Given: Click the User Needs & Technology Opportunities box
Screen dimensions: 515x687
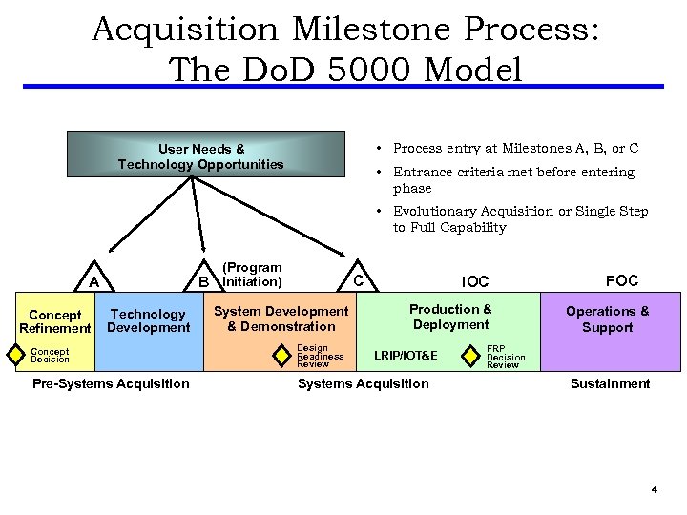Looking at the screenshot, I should [201, 155].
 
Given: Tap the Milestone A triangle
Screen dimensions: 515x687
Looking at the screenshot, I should [94, 280].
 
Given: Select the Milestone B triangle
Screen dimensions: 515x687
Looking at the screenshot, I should [203, 280].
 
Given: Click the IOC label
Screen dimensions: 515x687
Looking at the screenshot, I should [474, 281].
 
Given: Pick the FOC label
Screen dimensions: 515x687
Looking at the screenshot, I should [621, 280].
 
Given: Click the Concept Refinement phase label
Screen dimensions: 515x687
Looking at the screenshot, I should [54, 321].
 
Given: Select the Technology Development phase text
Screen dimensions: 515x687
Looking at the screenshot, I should [148, 320].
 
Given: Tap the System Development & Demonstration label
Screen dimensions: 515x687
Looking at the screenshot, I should [281, 319].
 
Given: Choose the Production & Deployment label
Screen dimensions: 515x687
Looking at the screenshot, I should [450, 317].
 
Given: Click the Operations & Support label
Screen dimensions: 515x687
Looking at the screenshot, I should [607, 319].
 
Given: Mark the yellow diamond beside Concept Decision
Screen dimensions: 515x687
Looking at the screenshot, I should [15, 355].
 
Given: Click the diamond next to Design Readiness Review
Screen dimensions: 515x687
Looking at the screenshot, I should [282, 355].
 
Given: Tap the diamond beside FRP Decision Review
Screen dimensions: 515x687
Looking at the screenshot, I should [471, 356].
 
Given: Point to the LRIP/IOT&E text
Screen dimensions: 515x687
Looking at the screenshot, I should [406, 356].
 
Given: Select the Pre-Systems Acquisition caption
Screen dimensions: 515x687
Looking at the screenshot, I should [111, 383].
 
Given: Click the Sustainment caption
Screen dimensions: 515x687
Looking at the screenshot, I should [610, 383].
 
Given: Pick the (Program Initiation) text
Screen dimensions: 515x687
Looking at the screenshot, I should [252, 275].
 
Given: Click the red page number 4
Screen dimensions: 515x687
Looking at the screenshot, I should [655, 490].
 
